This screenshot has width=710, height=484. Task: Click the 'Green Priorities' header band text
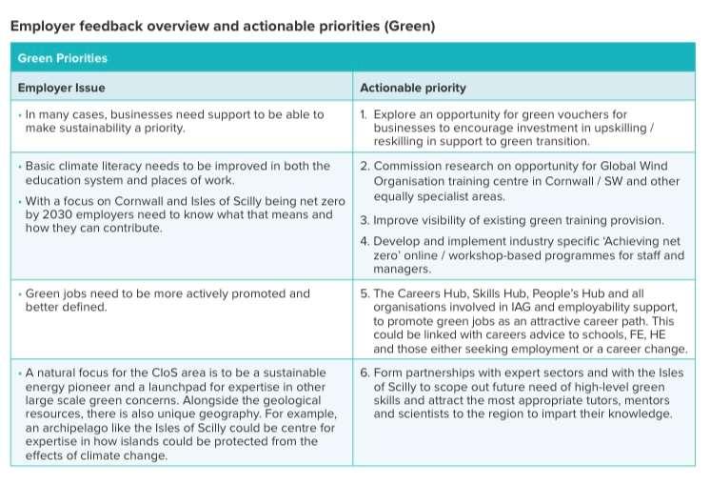coord(62,58)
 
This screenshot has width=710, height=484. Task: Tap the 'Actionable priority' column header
coord(413,88)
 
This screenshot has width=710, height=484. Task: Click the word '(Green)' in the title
coord(409,26)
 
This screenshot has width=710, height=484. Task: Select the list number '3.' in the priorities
coord(365,220)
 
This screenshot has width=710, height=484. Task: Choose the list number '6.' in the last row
coord(365,373)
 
